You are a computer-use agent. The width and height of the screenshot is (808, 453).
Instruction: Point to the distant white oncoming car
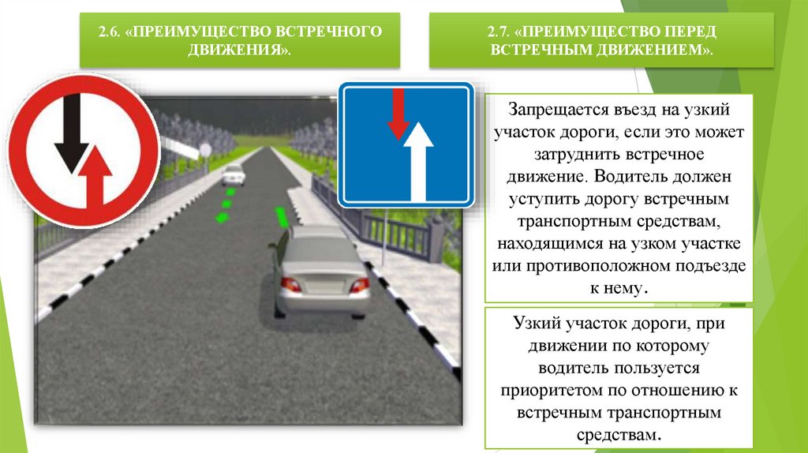pos(233,174)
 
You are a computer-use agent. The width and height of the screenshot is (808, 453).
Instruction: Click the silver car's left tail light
pos(290,283)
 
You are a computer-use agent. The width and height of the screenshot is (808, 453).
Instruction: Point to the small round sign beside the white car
pos(205,150)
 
